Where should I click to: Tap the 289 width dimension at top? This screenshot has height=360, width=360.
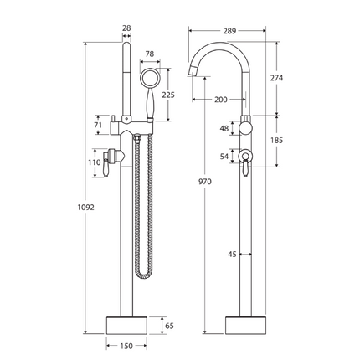(x=230, y=30)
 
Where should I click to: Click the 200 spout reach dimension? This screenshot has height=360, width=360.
(x=220, y=100)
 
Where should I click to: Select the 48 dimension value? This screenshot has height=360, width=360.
(x=223, y=129)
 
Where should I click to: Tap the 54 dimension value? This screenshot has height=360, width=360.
(x=223, y=156)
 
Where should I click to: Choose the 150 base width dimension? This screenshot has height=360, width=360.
(x=126, y=347)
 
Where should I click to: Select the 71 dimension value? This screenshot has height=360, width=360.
(x=98, y=126)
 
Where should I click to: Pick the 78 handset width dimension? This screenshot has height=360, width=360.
(x=150, y=55)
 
